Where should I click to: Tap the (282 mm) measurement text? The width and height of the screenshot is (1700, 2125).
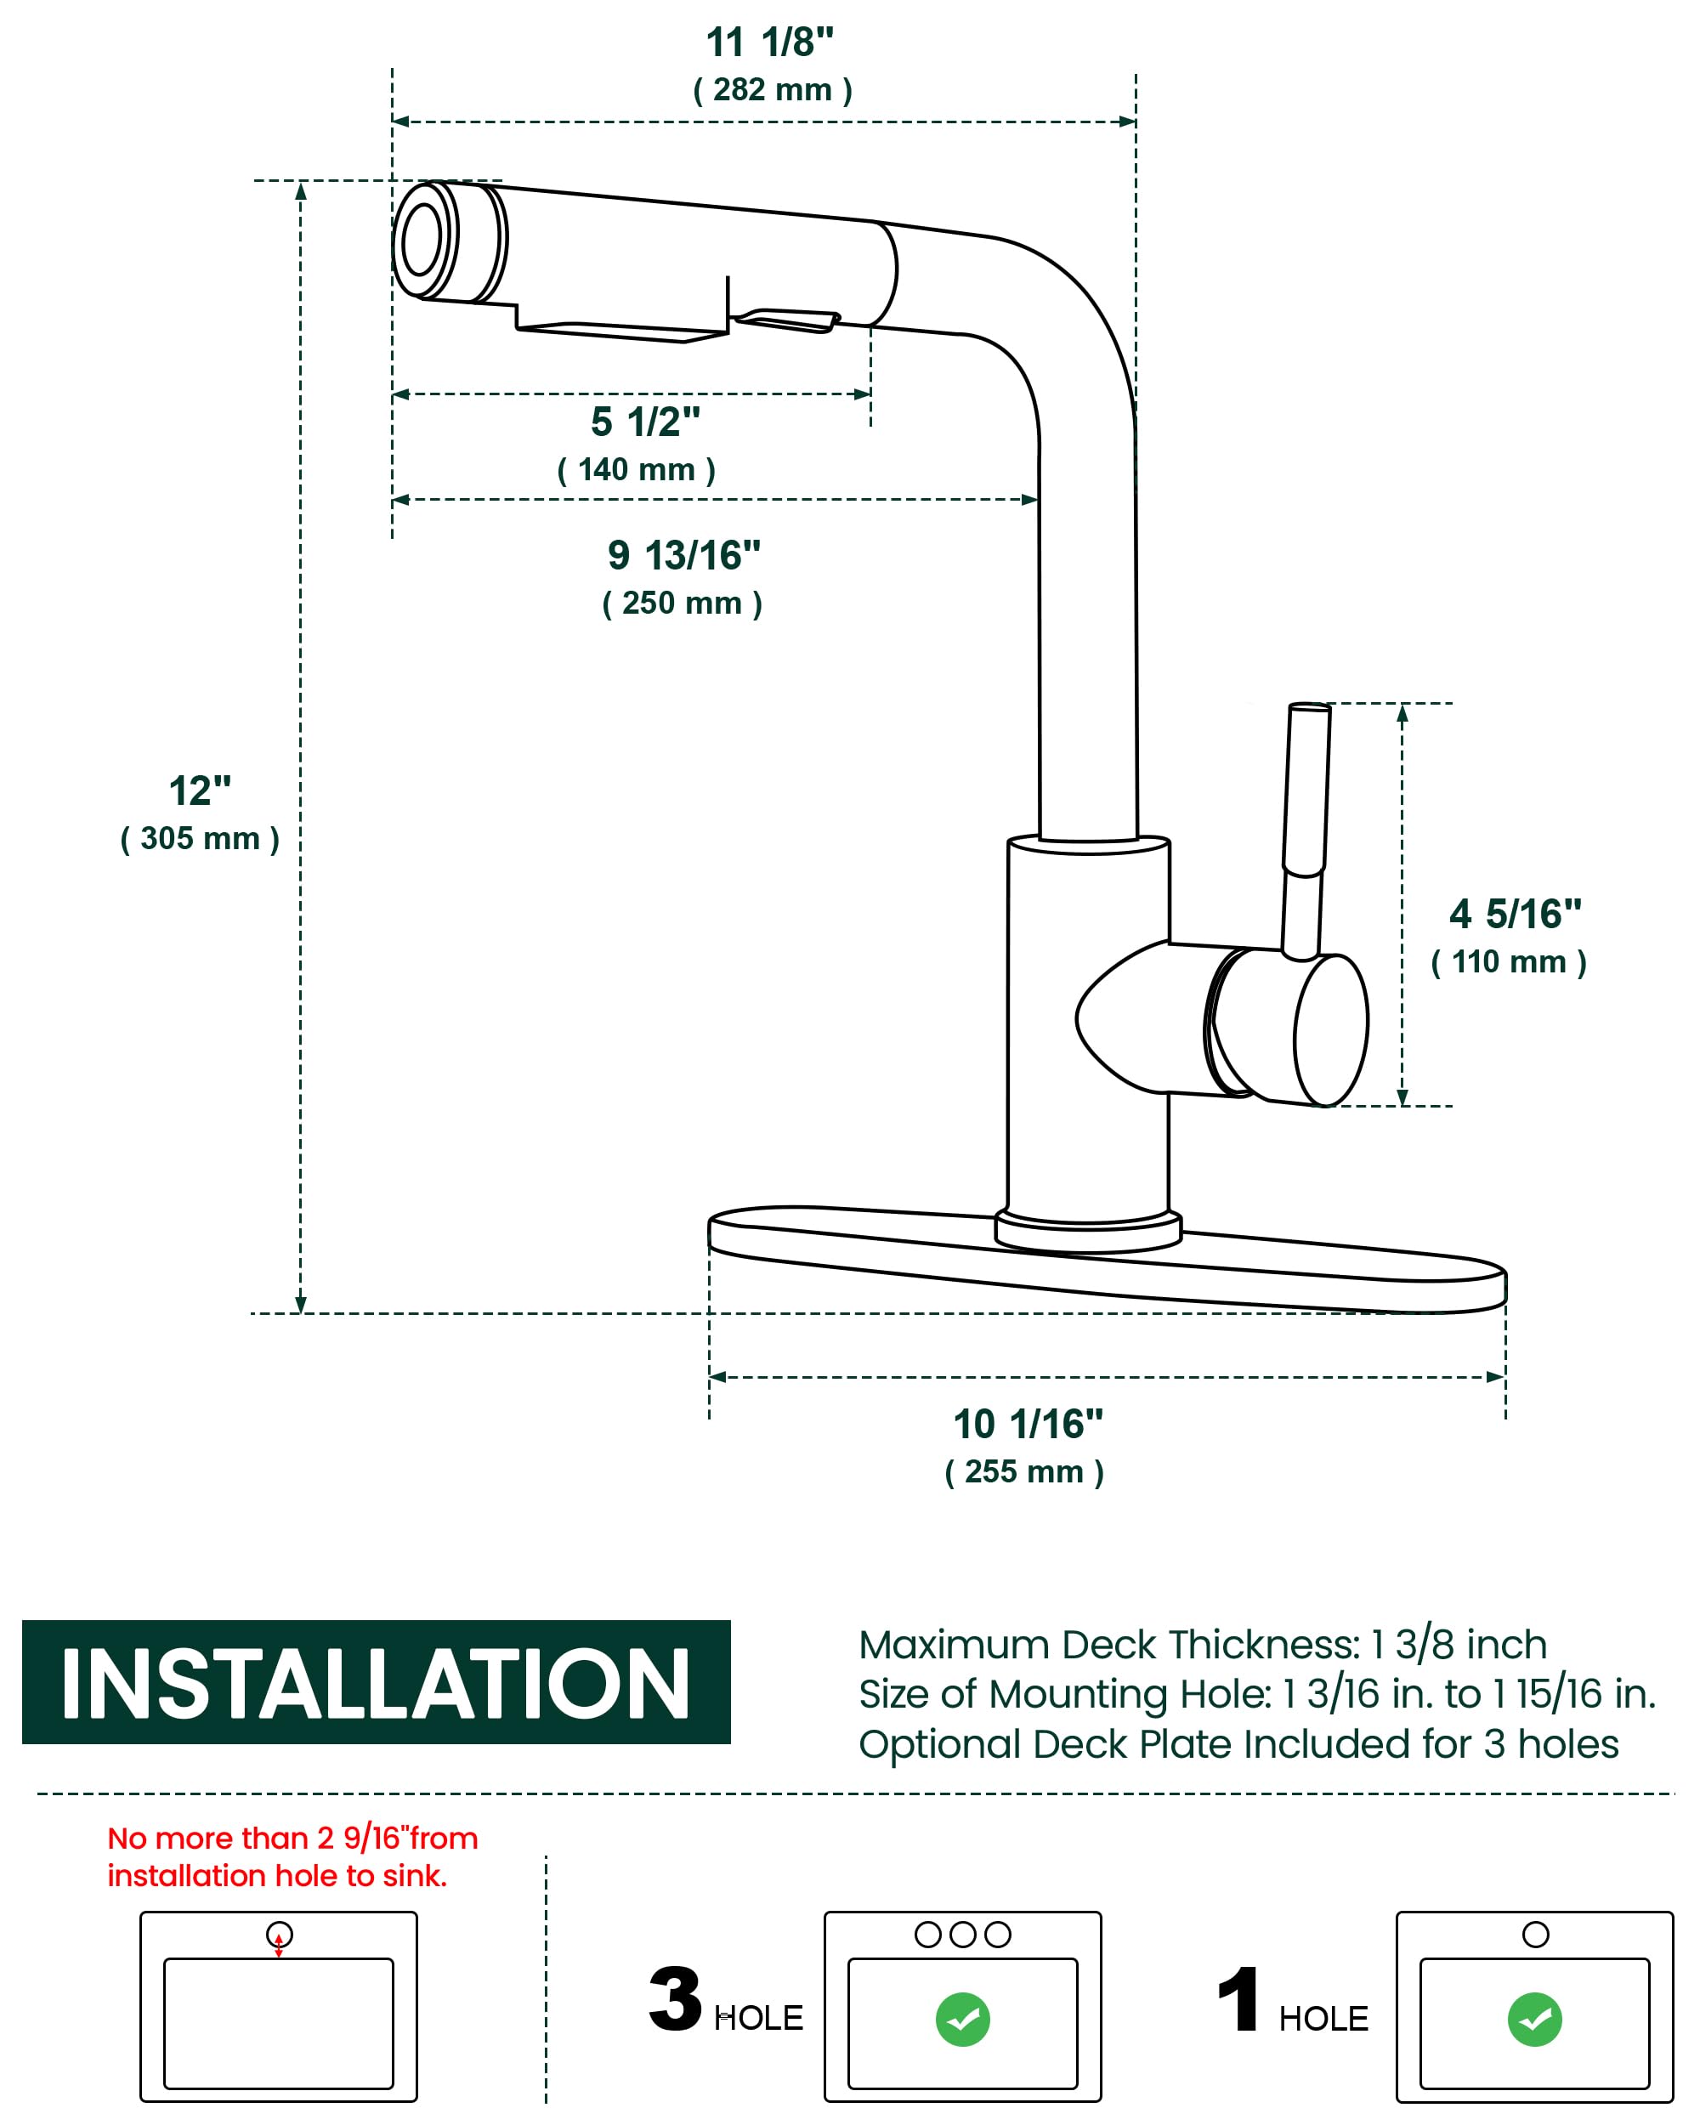(x=773, y=90)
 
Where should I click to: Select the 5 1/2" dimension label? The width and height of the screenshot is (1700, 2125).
(x=645, y=422)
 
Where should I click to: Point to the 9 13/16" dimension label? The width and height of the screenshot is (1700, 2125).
(x=684, y=556)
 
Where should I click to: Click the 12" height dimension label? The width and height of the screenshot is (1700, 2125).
(x=200, y=790)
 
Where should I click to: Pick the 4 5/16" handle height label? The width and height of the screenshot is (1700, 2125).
(x=1515, y=914)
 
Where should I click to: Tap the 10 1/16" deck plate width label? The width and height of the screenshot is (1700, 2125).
(x=1028, y=1425)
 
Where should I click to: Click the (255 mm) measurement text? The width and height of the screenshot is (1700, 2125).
(x=1024, y=1471)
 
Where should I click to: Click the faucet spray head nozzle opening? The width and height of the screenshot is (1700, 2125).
(x=422, y=240)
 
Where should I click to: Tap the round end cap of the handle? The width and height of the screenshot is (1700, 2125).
(x=1330, y=1030)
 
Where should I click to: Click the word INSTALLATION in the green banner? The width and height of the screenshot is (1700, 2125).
(x=376, y=1685)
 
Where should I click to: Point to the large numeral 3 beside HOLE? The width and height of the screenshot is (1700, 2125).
(x=675, y=2000)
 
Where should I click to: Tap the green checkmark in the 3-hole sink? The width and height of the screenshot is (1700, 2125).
(x=963, y=2020)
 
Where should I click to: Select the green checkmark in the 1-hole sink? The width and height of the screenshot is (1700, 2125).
(x=1534, y=2020)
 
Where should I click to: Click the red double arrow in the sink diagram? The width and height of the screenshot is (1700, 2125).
(x=279, y=1945)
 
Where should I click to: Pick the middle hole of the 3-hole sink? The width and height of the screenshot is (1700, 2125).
(x=963, y=1935)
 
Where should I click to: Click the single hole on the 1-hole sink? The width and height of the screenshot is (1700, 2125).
(x=1535, y=1935)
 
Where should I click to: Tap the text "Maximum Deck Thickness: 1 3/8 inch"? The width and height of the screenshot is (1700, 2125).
(x=1202, y=1645)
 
